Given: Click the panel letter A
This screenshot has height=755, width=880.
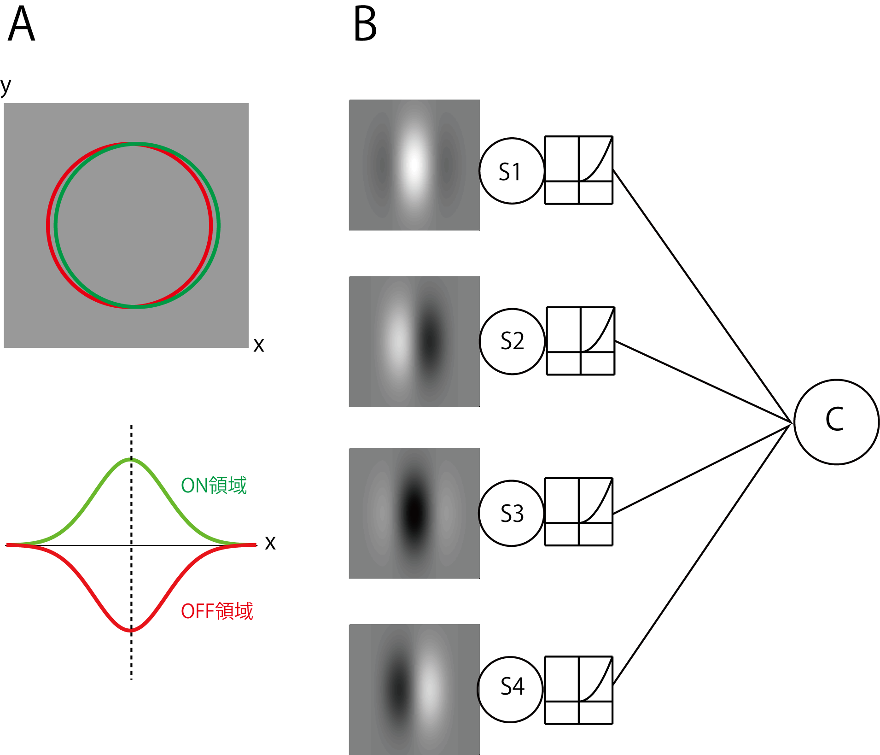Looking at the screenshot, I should (x=22, y=25).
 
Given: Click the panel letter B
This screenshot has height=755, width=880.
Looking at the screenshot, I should (x=365, y=25).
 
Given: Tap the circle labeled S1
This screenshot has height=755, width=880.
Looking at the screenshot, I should (x=511, y=171).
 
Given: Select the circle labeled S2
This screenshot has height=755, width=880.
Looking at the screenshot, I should (x=512, y=341).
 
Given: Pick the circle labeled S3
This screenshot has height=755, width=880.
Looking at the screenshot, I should (x=511, y=513).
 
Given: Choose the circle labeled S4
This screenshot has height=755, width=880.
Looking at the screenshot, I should (x=510, y=689).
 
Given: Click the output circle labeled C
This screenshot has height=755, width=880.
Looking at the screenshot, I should (x=836, y=422).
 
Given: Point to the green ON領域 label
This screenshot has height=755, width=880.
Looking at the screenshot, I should (x=214, y=486).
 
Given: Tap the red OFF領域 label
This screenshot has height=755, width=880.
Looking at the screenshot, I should (x=217, y=611).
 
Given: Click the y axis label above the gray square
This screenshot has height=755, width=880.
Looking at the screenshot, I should (x=6, y=86).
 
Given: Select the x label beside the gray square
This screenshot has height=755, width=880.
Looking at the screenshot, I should (x=259, y=345).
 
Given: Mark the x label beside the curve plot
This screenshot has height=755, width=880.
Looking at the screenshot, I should (x=270, y=543).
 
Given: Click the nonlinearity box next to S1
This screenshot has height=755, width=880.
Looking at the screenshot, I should (x=578, y=170).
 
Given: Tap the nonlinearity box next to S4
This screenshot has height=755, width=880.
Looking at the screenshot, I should (x=578, y=690).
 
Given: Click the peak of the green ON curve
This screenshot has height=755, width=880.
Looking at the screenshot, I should (x=131, y=459).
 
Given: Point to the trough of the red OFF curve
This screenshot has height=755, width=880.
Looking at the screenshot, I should (x=131, y=630).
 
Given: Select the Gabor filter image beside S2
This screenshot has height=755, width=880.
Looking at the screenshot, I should (x=414, y=341).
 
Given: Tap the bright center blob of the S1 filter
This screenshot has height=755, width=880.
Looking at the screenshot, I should (x=414, y=164).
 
